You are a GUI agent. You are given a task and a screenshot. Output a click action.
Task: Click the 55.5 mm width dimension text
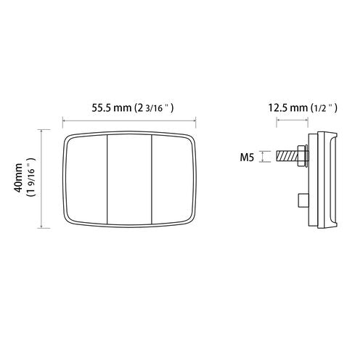(112, 107)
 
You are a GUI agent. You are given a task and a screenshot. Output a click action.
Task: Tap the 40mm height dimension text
(18, 178)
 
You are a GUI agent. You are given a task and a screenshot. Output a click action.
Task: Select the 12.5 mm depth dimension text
(287, 107)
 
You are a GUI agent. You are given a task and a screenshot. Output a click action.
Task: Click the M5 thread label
(247, 158)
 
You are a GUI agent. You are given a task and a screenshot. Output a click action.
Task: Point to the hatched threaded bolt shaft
(287, 156)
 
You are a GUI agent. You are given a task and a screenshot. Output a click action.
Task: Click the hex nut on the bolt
(301, 156)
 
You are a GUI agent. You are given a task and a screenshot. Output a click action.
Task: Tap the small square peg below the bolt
(303, 200)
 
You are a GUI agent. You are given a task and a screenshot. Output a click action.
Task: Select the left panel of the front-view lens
(86, 179)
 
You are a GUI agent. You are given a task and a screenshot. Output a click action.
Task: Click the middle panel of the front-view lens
(129, 179)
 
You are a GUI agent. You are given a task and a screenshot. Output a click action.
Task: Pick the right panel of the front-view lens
(172, 179)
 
